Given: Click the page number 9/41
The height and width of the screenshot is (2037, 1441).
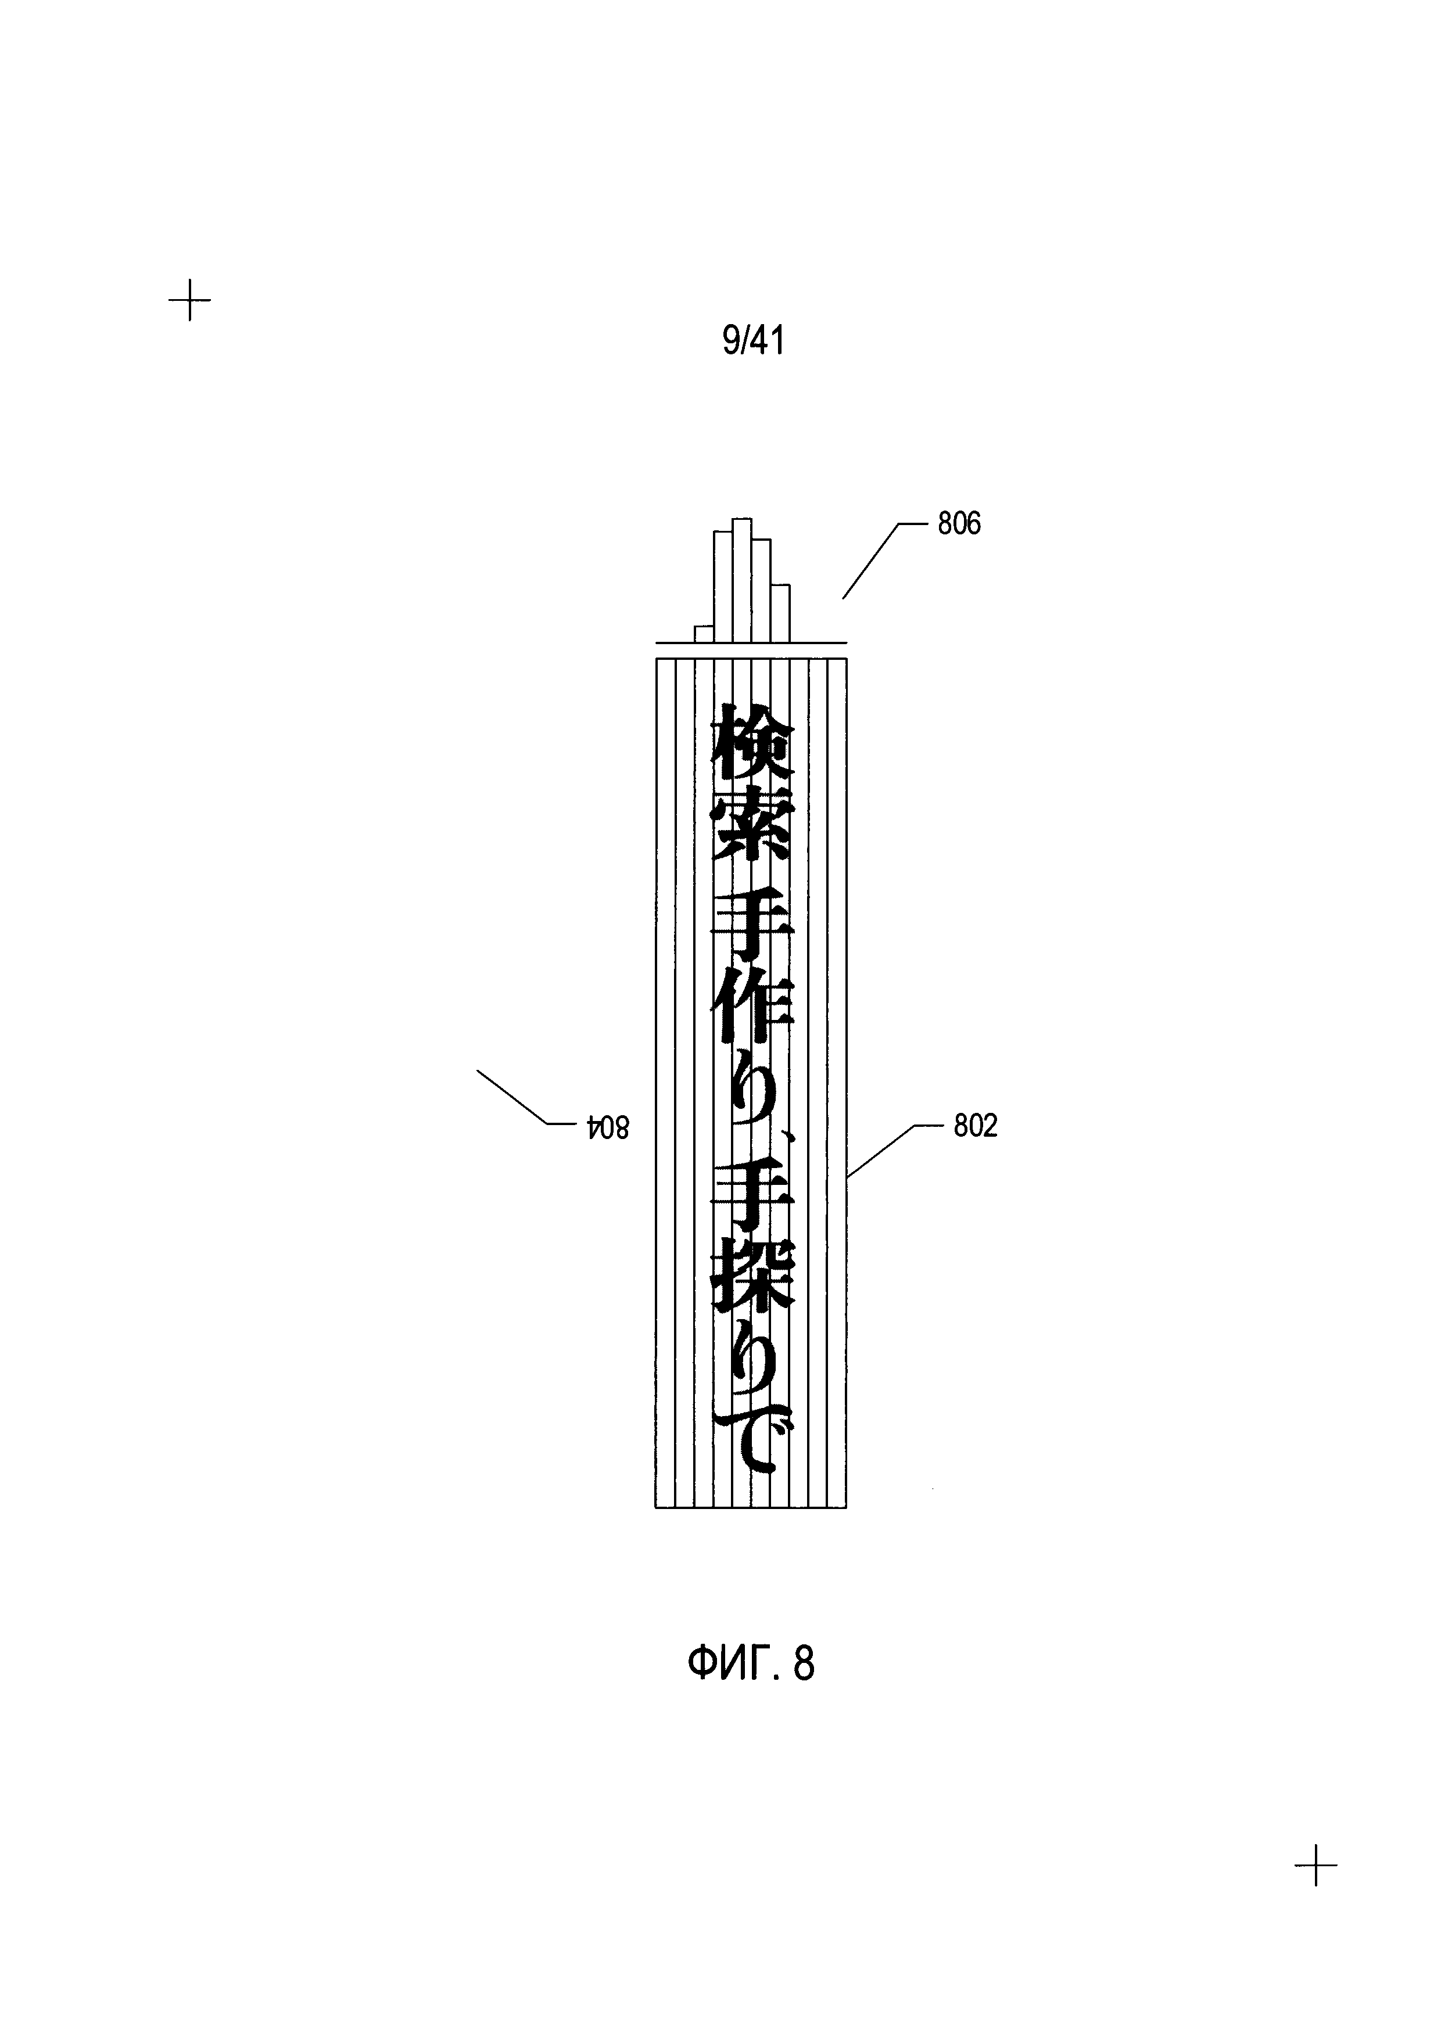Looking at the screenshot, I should [754, 341].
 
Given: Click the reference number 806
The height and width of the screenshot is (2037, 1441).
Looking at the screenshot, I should [959, 524].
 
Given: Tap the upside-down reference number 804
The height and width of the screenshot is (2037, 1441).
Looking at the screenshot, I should [608, 1127].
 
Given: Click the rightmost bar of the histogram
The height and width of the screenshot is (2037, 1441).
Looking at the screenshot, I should [780, 612].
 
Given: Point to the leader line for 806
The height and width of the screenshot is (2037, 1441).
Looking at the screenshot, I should [872, 561].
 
